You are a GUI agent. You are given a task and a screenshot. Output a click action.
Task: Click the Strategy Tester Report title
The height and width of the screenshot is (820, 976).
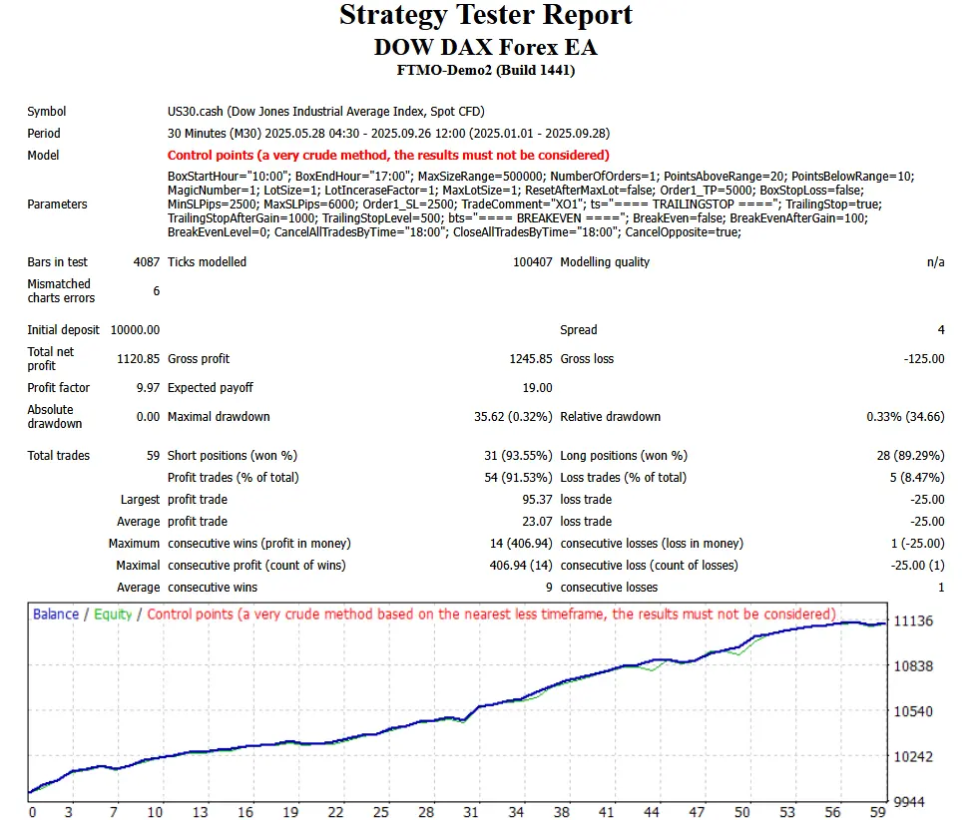486,16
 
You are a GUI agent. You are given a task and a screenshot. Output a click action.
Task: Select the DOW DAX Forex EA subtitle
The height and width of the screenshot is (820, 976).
486,47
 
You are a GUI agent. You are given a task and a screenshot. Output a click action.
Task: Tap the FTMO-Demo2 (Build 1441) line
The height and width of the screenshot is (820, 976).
486,70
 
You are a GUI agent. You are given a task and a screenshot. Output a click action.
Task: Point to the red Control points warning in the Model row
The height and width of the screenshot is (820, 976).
388,155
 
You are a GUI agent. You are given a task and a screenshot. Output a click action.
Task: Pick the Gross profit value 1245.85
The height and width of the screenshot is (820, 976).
529,358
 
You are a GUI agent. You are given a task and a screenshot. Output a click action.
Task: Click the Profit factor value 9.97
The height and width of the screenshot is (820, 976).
146,387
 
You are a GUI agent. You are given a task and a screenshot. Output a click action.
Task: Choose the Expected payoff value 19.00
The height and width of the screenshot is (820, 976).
537,387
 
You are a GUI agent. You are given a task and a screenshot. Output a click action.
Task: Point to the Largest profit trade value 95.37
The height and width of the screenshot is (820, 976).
537,499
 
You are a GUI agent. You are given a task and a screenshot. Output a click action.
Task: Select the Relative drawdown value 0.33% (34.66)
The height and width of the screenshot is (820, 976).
904,416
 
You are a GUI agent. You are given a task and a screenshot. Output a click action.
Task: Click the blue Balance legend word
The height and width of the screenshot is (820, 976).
56,615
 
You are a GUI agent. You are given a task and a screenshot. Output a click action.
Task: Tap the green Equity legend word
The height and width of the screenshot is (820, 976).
112,615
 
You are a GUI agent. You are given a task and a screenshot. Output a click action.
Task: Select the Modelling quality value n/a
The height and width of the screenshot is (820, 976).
934,262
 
